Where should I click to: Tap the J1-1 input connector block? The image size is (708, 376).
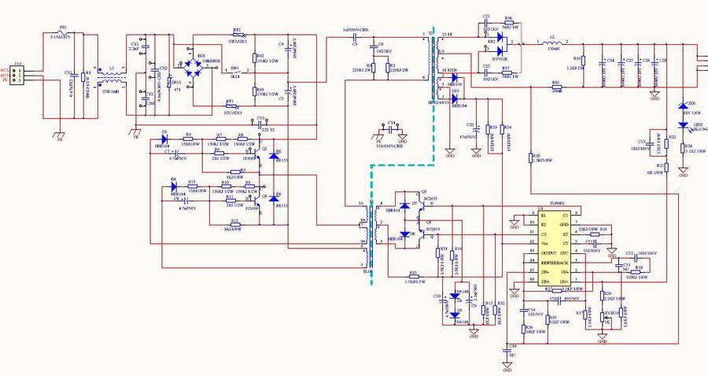[x=20, y=75]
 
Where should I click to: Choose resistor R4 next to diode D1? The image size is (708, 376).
[x=188, y=138]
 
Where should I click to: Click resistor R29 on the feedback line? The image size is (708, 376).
[x=533, y=161]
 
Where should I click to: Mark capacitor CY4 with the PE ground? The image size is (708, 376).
[x=391, y=130]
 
